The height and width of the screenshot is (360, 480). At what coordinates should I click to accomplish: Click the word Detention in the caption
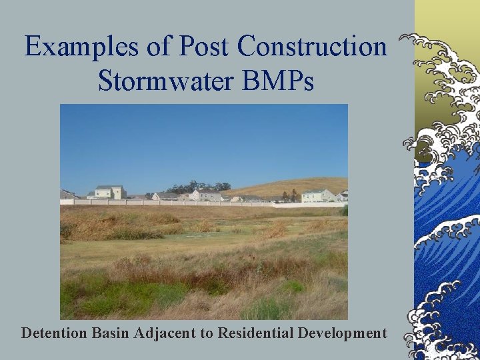pos(53,333)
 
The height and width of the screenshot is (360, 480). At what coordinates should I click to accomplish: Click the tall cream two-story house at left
pos(110,192)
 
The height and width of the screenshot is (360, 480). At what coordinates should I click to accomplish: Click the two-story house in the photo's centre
pos(206,194)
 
